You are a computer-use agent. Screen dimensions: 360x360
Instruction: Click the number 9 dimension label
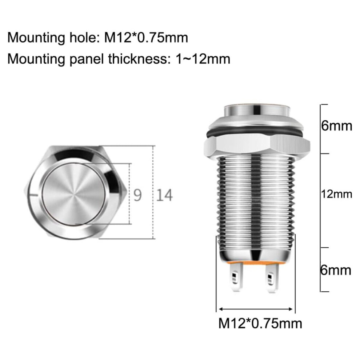137,195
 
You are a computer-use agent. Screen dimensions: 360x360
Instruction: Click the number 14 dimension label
164,195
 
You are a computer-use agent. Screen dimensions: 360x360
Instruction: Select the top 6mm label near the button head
337,126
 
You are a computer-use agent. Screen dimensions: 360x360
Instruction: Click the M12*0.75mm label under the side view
260,324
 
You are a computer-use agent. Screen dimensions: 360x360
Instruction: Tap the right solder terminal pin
272,278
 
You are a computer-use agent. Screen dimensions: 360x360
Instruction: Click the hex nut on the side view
257,146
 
